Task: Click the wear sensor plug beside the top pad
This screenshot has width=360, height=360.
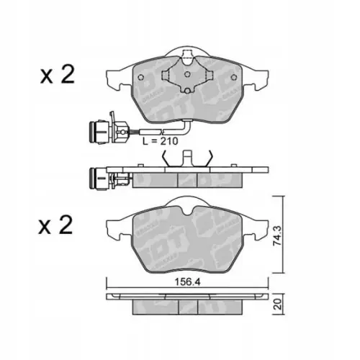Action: pos(96,132)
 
